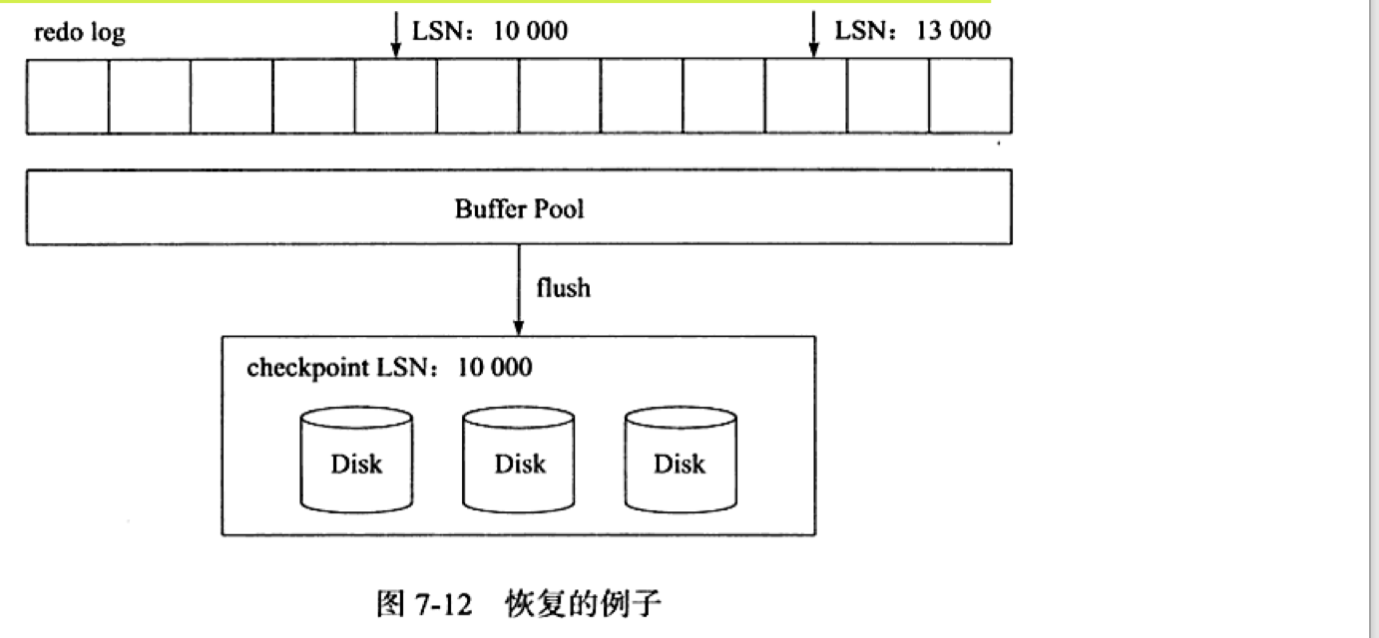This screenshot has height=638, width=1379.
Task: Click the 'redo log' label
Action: point(80,33)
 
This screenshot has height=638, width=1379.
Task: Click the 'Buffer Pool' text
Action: point(519,208)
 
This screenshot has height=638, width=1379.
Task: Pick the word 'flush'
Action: point(563,288)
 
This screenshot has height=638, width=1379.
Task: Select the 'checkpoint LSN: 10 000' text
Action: point(389,367)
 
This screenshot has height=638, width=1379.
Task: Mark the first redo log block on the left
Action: point(68,96)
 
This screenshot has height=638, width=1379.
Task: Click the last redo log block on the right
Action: point(970,96)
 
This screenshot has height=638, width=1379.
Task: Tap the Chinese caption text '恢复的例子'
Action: point(584,604)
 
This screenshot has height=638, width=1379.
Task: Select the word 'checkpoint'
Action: point(307,367)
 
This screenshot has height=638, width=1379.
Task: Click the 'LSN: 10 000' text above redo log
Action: point(490,31)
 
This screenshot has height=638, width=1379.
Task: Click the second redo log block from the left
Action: point(150,96)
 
